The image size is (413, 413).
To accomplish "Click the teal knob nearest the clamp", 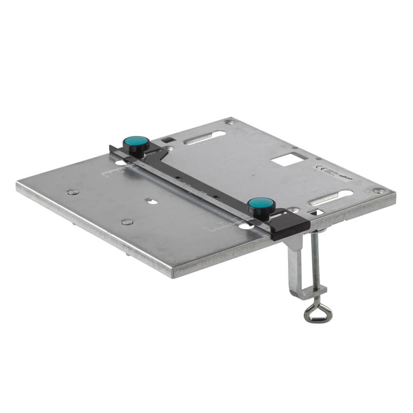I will [x=261, y=204].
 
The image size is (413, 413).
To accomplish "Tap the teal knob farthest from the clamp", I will [x=136, y=142].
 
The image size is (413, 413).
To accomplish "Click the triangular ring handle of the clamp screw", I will [x=318, y=313].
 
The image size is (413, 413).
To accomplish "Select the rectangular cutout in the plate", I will [x=287, y=159].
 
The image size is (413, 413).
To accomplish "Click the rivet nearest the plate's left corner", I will [x=73, y=192].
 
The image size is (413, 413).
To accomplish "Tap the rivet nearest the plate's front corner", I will [x=127, y=222].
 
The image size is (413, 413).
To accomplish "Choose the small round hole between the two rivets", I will [x=150, y=200].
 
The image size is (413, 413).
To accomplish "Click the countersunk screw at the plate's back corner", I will [x=230, y=121].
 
